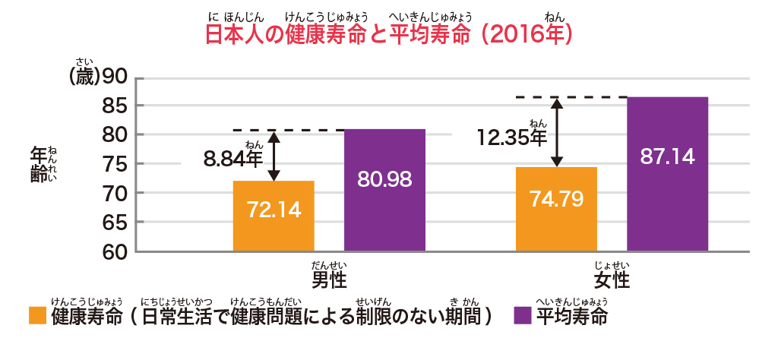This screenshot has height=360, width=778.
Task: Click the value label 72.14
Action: (274, 210)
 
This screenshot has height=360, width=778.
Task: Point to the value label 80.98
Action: (384, 179)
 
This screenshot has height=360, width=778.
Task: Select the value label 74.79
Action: (556, 200)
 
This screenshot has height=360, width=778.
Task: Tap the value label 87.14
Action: (667, 157)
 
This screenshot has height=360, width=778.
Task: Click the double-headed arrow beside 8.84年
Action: (274, 156)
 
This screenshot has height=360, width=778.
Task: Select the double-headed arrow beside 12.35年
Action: (557, 132)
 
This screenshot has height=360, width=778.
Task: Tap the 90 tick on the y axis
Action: (115, 77)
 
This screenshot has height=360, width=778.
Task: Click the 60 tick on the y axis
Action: (115, 251)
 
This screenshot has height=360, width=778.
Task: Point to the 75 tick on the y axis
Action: (115, 164)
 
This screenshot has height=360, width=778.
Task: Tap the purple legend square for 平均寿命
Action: (523, 316)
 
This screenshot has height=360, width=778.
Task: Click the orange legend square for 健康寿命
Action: (37, 316)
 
